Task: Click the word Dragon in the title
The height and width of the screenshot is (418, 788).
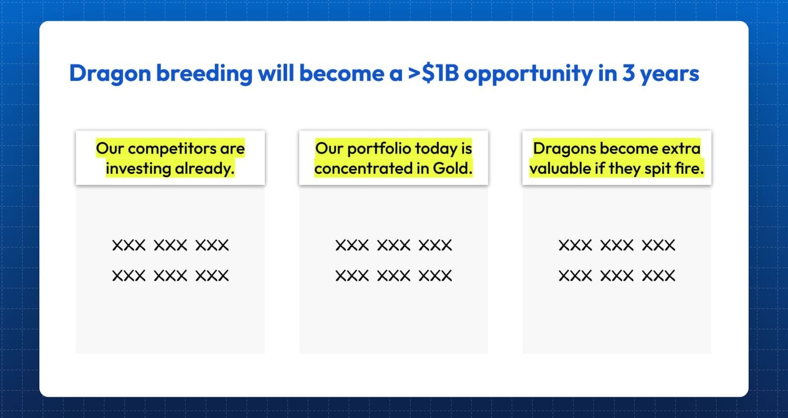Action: [x=110, y=74]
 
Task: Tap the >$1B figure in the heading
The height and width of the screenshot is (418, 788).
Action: [x=433, y=73]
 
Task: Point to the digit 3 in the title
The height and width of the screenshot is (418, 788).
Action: [x=628, y=73]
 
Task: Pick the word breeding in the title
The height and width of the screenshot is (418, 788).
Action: [x=204, y=74]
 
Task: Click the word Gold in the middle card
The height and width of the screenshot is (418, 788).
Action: [x=453, y=168]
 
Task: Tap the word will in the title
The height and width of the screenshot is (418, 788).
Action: [x=276, y=73]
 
